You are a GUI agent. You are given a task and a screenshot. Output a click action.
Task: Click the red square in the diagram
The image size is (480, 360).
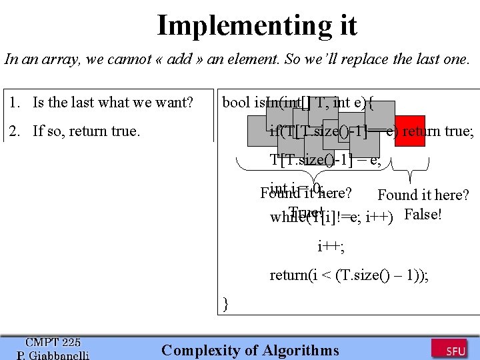click(410, 131)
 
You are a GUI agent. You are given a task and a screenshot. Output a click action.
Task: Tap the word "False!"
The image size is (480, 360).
click(423, 215)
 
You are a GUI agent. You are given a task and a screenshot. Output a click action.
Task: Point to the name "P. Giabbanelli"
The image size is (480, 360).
click(53, 355)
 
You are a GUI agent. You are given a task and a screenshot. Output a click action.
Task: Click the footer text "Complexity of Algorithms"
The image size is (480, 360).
click(250, 351)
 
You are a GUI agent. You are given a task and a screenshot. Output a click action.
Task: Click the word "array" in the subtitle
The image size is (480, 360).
click(63, 59)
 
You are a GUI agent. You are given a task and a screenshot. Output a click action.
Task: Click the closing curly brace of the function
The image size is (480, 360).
click(226, 305)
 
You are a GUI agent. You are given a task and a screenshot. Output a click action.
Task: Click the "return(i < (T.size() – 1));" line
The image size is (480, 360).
click(349, 275)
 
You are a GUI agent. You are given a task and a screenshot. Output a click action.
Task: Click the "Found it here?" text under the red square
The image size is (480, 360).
click(423, 195)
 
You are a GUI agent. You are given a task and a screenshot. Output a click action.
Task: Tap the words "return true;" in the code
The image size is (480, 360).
click(438, 131)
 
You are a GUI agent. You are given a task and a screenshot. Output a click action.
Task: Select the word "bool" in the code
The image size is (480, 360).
click(235, 103)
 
